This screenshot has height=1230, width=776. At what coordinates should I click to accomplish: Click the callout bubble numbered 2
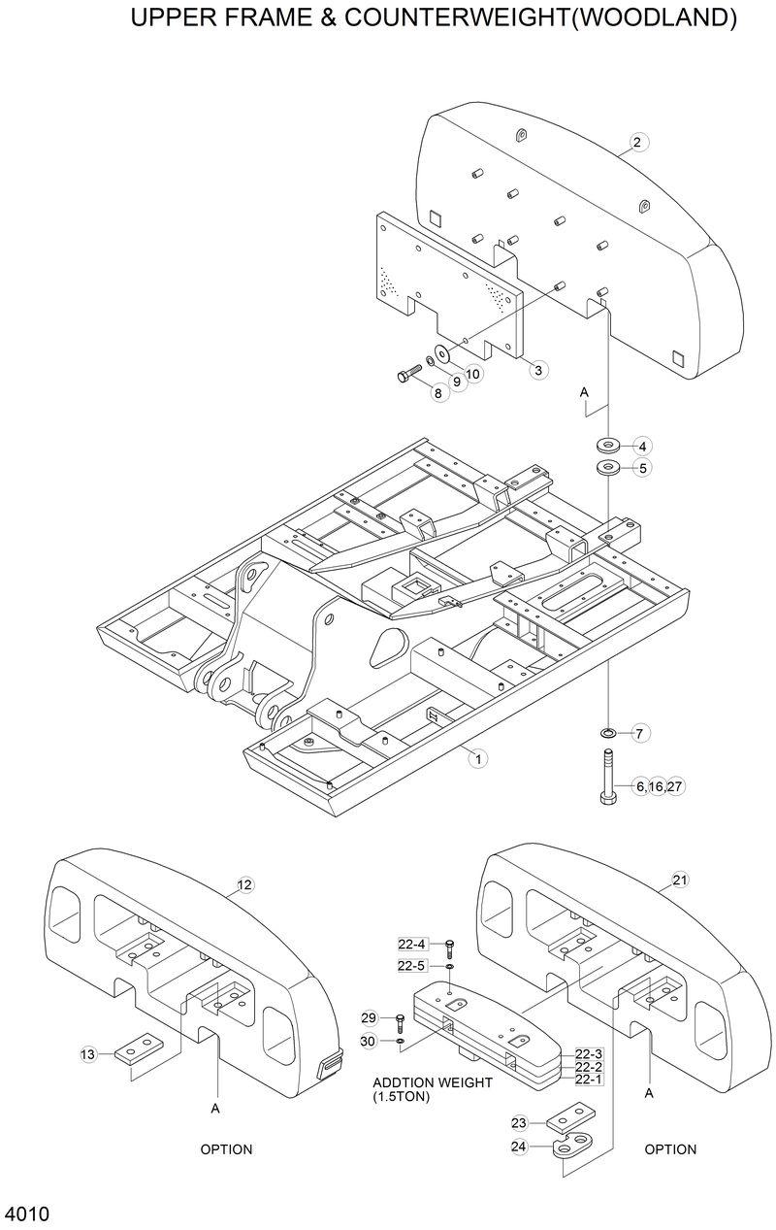pos(637,143)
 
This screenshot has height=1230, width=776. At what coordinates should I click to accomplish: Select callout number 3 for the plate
pos(540,369)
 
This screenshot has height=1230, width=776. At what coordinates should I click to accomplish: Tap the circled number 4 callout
pos(641,447)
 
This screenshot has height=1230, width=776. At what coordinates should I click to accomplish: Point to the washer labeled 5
pos(608,468)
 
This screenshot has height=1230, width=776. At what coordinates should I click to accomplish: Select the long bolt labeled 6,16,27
pos(607,777)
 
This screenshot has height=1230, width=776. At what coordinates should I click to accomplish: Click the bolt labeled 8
pos(406,376)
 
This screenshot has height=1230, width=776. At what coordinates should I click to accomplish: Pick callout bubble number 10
pos(472,374)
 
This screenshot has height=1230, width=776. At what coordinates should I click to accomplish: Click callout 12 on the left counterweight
pos(244,884)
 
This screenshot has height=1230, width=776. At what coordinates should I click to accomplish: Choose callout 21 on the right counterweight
pos(680,881)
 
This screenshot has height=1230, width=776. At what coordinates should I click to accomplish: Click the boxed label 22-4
pos(412,945)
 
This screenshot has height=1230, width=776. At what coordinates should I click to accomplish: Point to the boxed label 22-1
pos(589,1080)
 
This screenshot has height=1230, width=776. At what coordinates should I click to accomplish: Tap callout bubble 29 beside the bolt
pos(369,1017)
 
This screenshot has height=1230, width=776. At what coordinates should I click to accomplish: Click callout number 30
pos(369,1041)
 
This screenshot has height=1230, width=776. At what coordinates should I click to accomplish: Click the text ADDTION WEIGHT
pos(433,1082)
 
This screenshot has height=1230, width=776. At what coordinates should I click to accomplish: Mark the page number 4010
pos(27,1214)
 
